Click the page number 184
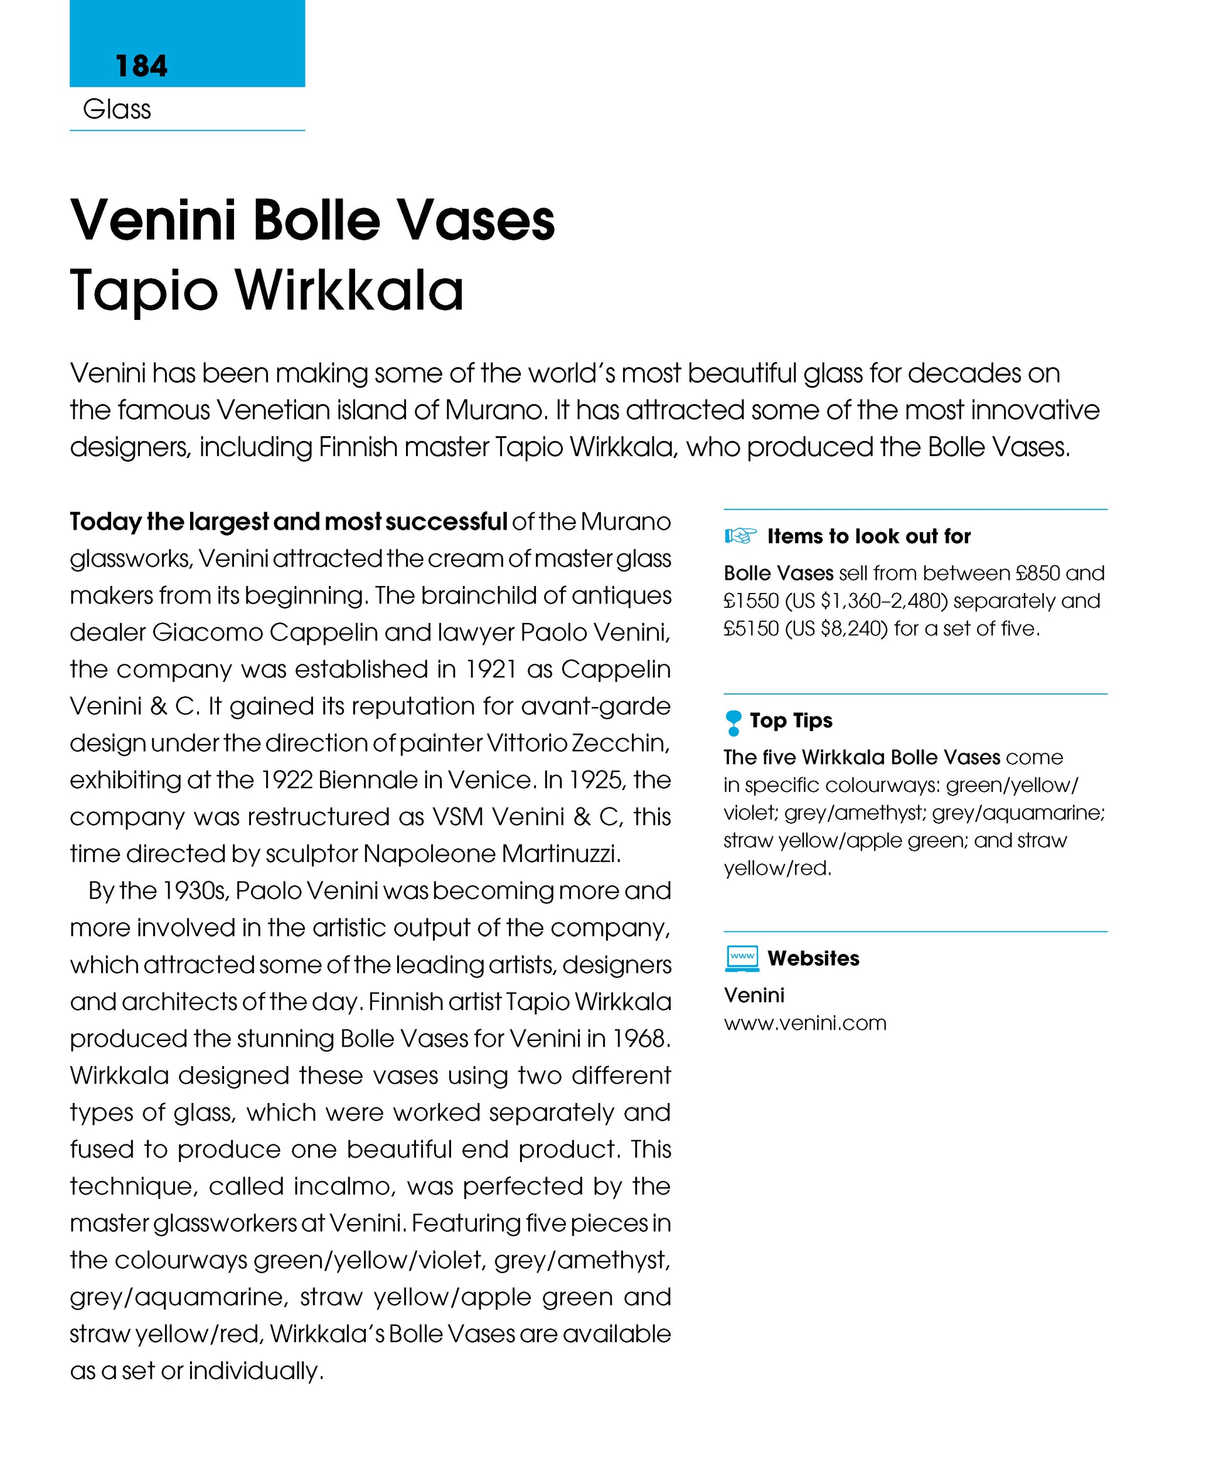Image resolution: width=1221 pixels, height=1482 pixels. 141,66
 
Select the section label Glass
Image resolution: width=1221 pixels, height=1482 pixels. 117,110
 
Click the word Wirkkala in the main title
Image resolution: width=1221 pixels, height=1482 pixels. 349,291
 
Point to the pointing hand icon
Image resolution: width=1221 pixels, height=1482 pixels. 740,536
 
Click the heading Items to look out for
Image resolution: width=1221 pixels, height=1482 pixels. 868,536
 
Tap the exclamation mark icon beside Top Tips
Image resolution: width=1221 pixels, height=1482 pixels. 733,722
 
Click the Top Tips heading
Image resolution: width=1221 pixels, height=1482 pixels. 791,720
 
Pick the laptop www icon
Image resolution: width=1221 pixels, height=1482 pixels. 742,958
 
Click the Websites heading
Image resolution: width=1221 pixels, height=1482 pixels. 813,958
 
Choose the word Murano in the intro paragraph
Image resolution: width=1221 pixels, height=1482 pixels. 496,410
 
